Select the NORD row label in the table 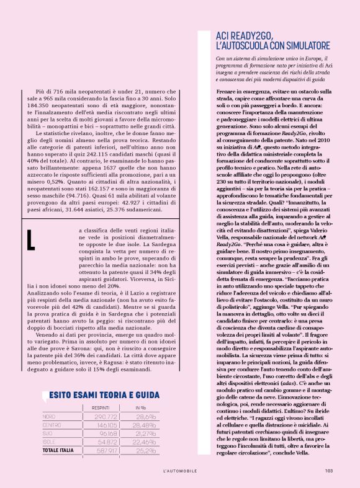click(48, 417)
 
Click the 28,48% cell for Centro click(147, 425)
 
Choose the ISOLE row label click(50, 441)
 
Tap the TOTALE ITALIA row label click(58, 450)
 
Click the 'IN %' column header click(141, 407)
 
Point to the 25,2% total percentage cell click(146, 450)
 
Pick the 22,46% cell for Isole click(147, 441)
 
